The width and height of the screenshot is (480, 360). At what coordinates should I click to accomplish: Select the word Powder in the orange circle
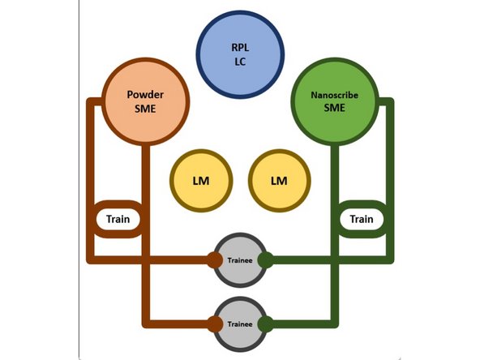146,94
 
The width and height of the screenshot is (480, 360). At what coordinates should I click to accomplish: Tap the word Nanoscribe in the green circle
334,94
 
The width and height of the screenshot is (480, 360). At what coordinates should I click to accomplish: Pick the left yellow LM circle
201,180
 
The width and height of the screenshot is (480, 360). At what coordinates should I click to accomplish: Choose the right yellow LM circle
279,180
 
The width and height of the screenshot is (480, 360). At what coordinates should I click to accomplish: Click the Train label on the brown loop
118,219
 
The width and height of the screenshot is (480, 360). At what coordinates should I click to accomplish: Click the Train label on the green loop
361,219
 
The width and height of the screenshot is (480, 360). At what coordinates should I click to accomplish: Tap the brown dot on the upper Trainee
214,260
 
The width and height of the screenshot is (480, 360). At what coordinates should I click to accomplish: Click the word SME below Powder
146,108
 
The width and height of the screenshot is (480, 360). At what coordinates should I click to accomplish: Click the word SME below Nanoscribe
334,108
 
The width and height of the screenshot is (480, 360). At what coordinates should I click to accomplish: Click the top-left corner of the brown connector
89,101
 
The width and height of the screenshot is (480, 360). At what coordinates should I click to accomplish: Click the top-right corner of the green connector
390,101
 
